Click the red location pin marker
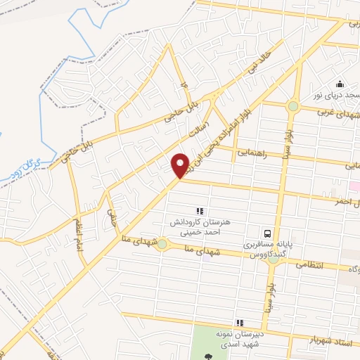tap(181, 165)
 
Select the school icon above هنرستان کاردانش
tap(200, 210)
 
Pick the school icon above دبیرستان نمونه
tap(240, 323)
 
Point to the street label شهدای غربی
tap(337, 113)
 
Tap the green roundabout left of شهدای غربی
tap(292, 106)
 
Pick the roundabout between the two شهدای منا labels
tap(162, 244)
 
